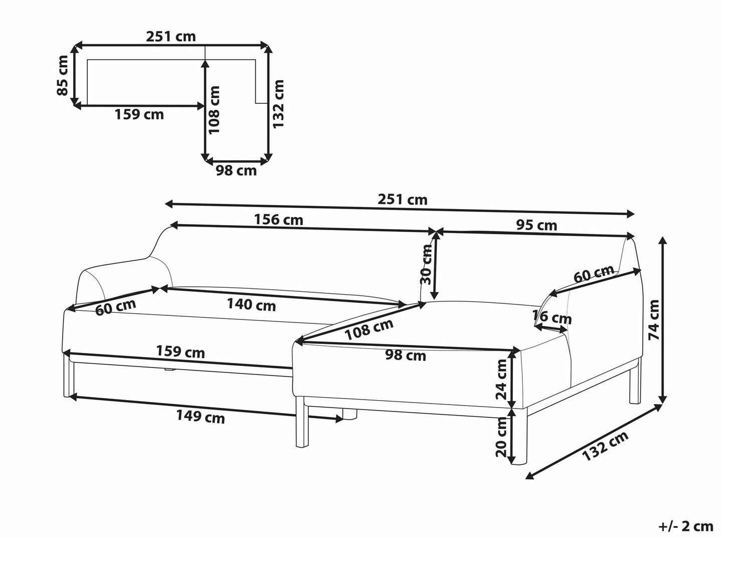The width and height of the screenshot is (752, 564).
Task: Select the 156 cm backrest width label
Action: coord(279,220)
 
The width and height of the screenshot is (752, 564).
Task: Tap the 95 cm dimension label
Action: coord(536,225)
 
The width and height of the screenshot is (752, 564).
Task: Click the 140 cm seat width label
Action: coord(252,304)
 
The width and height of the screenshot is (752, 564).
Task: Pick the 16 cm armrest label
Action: coord(552,317)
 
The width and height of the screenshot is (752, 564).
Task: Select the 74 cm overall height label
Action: coord(654,319)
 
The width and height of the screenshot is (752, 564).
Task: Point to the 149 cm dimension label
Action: coord(201,417)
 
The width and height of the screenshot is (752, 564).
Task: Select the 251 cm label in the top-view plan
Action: coord(171,36)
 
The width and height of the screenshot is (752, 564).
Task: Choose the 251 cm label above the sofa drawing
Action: coord(402,200)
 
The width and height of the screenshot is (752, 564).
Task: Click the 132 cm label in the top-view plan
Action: coord(278,104)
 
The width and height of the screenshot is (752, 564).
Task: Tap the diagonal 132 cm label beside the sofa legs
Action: coord(606,446)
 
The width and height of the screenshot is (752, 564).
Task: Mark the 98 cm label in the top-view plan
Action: coord(236,170)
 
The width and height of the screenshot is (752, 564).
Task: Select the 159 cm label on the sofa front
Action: coord(180,352)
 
